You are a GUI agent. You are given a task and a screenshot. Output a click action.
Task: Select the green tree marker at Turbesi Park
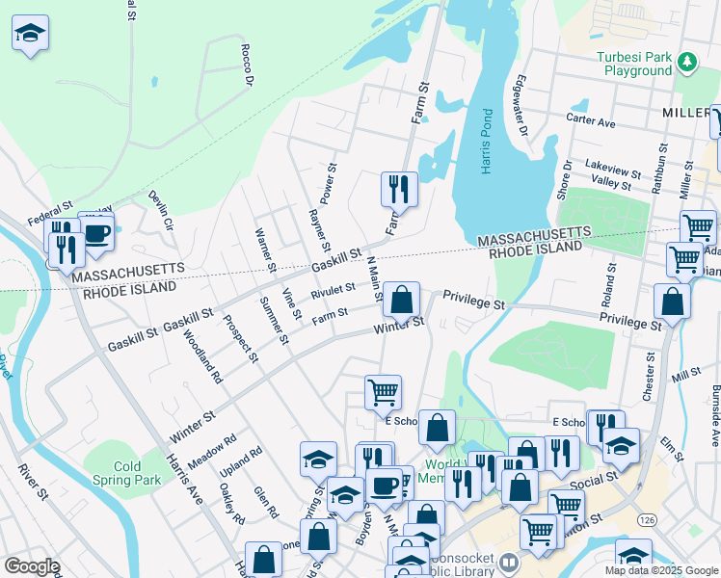[687, 63]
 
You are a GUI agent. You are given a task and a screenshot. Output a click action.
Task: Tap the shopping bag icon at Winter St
[401, 300]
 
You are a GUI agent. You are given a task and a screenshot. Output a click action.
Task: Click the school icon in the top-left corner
[30, 34]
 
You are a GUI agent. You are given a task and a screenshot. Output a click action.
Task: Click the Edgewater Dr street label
[522, 104]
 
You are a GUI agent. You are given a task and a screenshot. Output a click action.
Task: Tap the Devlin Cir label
[159, 210]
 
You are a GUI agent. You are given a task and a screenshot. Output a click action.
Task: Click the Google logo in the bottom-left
[31, 567]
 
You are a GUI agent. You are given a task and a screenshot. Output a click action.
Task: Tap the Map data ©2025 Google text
[661, 570]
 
